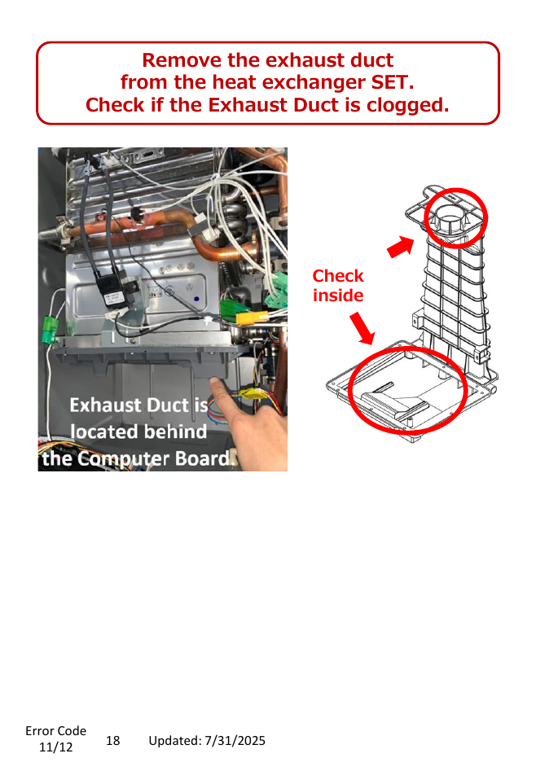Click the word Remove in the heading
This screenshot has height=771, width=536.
[x=182, y=60]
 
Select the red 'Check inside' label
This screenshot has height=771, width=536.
[x=338, y=286]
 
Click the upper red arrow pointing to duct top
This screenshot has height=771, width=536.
[x=401, y=246]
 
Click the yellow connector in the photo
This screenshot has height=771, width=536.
[x=252, y=318]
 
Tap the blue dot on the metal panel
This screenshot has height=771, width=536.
[x=197, y=299]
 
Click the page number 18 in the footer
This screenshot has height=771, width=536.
[x=112, y=741]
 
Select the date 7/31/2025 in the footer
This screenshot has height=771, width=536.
[x=235, y=741]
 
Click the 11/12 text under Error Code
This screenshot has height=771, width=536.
[x=55, y=747]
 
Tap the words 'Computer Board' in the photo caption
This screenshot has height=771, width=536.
[x=154, y=458]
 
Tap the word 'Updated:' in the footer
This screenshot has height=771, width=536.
[x=175, y=741]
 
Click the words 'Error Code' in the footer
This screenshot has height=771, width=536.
[x=55, y=731]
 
